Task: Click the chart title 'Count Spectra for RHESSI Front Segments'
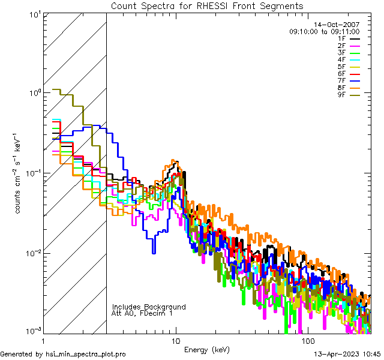(207, 5)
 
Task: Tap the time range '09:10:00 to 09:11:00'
(324, 31)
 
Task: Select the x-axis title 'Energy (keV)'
(207, 349)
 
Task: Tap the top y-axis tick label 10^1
(33, 14)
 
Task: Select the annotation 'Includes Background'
(149, 307)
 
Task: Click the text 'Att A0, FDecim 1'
(143, 313)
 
